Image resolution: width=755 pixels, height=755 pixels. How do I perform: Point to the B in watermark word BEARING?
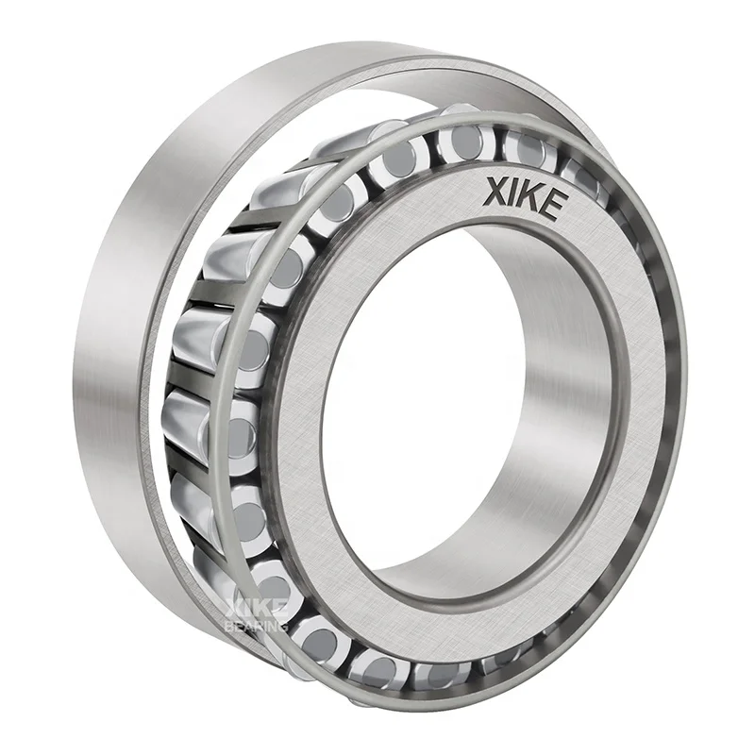click(228, 626)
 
